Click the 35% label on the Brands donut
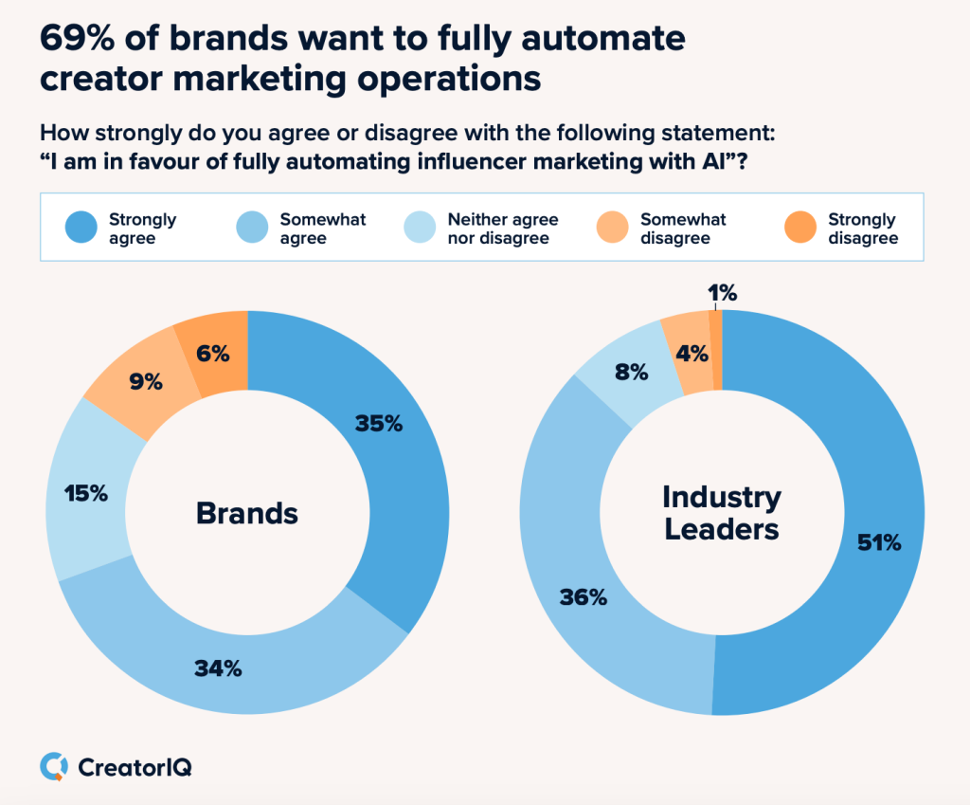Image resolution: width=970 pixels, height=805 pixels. [379, 424]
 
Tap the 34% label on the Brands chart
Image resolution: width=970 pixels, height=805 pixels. [218, 668]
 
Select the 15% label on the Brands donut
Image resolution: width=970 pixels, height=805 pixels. [85, 493]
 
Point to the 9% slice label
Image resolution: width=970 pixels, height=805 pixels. [146, 382]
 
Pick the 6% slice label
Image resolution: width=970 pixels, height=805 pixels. [213, 354]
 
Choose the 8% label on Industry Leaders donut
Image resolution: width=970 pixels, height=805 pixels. [631, 373]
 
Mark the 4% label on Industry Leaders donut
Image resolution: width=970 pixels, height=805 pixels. [692, 354]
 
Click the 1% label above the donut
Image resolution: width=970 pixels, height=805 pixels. [723, 294]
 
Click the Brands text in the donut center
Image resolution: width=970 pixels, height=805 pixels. [247, 513]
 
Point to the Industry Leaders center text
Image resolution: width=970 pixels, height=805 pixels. [722, 512]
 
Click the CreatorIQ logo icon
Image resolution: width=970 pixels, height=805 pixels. [54, 766]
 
